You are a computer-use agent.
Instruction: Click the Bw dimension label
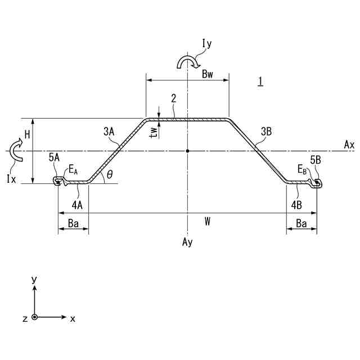(x=208, y=73)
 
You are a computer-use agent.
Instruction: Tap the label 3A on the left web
(x=109, y=132)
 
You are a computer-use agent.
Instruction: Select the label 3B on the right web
(x=267, y=132)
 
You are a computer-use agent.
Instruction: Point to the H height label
(x=26, y=134)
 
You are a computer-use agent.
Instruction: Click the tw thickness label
(x=154, y=131)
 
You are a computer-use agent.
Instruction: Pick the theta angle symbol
(x=110, y=175)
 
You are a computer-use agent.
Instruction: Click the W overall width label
(x=208, y=222)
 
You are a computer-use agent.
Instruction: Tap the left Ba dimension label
(x=73, y=224)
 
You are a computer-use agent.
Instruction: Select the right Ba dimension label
(x=301, y=224)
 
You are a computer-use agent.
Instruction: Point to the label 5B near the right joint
(x=315, y=159)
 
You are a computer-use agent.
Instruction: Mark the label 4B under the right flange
(x=297, y=204)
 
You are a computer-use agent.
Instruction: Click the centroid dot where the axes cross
(x=187, y=151)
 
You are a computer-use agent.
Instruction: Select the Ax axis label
(x=349, y=145)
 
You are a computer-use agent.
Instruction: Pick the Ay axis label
(x=187, y=242)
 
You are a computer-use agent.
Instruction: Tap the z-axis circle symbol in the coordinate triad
(x=35, y=318)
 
